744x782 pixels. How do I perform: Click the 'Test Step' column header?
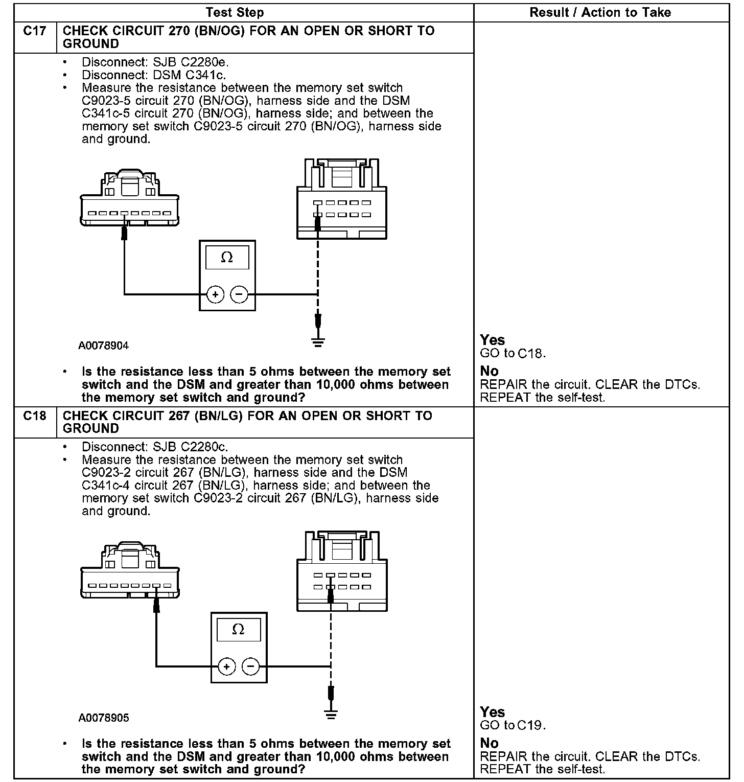point(235,12)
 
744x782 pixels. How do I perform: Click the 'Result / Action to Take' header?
point(600,12)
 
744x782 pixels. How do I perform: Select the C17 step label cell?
point(35,31)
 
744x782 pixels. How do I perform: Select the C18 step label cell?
point(35,416)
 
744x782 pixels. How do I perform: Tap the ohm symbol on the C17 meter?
point(227,258)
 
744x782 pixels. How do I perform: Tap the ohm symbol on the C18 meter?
point(238,629)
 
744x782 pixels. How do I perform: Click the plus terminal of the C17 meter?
point(216,295)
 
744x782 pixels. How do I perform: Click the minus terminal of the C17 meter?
point(239,295)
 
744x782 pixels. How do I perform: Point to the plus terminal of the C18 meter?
point(227,666)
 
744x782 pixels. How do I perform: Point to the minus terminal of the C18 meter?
point(250,666)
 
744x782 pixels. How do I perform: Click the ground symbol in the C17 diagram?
point(318,341)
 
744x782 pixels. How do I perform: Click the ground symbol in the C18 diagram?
point(331,714)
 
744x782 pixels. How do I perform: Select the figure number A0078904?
point(104,346)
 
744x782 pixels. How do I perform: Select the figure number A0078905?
point(104,718)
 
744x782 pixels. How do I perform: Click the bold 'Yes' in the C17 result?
point(493,340)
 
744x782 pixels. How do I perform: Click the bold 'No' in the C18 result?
point(489,743)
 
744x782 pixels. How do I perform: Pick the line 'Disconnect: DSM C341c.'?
point(154,75)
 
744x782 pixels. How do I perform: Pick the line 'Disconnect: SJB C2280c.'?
point(155,447)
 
